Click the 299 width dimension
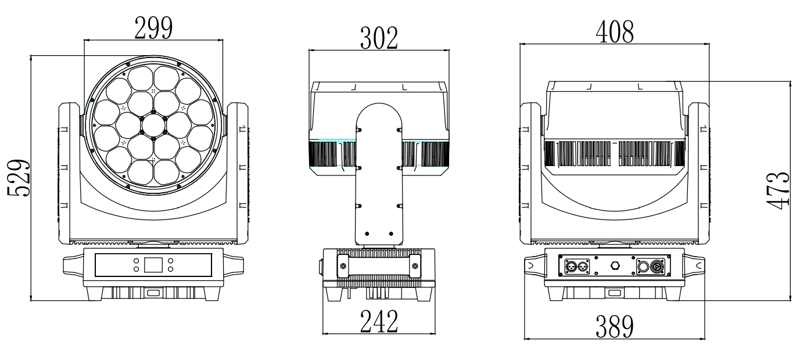[x=153, y=28]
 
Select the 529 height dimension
[x=19, y=178]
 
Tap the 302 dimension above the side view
[x=379, y=38]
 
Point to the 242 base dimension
[x=379, y=322]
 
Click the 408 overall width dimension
[x=615, y=32]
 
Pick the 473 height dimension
[x=778, y=190]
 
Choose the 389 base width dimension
[x=615, y=326]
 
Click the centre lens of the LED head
[x=153, y=125]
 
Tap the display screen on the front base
[x=153, y=265]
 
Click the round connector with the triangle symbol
[x=657, y=267]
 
